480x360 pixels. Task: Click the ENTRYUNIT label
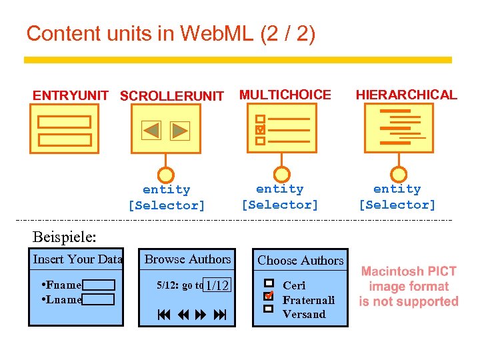(70, 95)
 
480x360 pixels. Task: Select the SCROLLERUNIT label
(172, 96)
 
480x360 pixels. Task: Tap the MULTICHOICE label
(285, 95)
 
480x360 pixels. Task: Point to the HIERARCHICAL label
(406, 95)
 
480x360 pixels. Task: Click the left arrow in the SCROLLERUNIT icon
(152, 130)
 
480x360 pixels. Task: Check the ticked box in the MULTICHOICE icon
(261, 129)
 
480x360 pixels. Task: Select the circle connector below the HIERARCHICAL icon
(399, 174)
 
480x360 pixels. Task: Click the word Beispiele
(64, 236)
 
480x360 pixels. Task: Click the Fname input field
(99, 285)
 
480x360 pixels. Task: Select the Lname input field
(99, 299)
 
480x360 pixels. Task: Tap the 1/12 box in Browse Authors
(217, 285)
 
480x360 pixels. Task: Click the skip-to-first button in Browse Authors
(163, 314)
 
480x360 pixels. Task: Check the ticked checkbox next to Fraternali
(269, 295)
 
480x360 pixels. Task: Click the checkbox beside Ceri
(269, 284)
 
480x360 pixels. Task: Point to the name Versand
(304, 314)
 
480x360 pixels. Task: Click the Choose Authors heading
(301, 261)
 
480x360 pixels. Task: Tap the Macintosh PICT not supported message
(409, 287)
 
